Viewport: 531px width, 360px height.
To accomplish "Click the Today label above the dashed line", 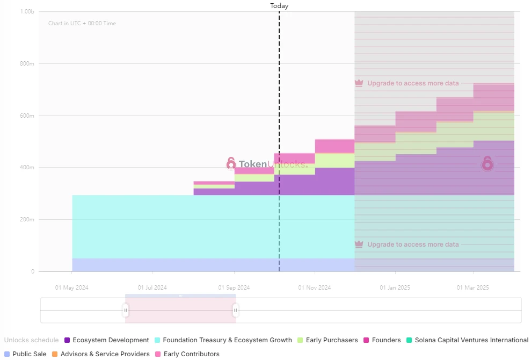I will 279,6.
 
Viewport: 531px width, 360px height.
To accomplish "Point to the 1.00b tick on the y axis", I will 27,11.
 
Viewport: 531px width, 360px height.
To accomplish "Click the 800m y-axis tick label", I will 27,63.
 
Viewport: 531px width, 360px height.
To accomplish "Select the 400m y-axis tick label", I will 27,167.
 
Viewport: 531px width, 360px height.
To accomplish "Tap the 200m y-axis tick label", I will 27,219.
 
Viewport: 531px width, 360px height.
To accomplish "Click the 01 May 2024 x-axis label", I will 71,287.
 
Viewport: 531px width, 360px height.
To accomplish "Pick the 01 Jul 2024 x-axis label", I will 152,287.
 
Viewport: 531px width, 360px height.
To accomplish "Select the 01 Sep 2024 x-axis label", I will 234,287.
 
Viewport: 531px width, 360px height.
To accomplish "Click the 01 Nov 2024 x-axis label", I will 315,287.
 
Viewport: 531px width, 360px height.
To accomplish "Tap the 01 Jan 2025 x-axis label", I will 395,287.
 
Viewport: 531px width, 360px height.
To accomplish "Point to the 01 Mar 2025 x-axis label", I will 473,287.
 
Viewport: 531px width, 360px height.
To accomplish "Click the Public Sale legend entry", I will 25,354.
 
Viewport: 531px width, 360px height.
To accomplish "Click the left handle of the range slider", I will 126,310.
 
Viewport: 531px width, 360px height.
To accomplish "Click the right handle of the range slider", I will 235,310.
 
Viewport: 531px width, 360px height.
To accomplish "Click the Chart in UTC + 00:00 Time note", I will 82,23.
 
